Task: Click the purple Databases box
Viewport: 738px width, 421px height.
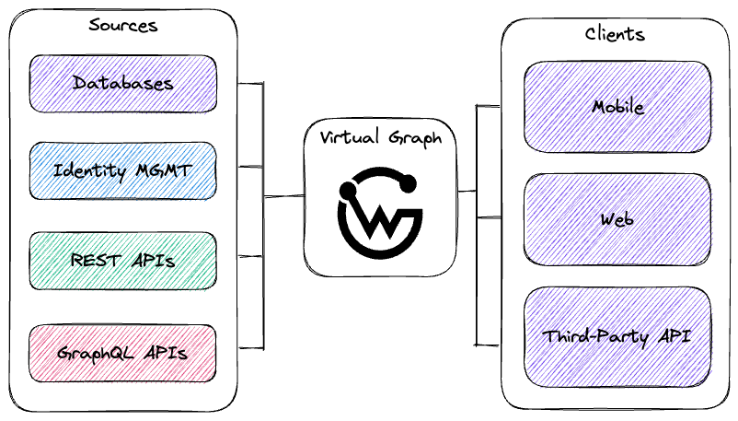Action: (x=122, y=84)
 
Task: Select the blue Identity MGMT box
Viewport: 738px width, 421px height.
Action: (x=122, y=170)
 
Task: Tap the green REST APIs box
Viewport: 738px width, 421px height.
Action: (x=122, y=261)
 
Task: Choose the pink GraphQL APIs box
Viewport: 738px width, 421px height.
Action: (x=122, y=353)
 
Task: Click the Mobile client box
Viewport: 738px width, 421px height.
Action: (x=617, y=107)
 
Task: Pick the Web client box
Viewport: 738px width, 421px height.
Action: (x=617, y=219)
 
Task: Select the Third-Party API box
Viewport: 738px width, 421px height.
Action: (x=617, y=337)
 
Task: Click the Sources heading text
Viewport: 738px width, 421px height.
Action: (x=122, y=25)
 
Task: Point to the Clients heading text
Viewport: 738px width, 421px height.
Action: (x=615, y=34)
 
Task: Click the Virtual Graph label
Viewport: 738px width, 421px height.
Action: (x=381, y=137)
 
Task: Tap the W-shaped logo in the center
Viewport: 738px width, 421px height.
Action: (x=380, y=213)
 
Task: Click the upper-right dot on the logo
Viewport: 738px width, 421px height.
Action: (x=408, y=183)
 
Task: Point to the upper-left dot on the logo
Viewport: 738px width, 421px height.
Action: (x=348, y=191)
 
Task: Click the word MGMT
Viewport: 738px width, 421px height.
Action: (x=164, y=170)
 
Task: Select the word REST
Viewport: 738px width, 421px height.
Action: (x=96, y=260)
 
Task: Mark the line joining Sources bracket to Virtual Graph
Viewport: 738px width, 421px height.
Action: (x=283, y=196)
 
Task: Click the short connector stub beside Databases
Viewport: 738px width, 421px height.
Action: (x=250, y=84)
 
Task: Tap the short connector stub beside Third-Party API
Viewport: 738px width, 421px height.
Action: (x=488, y=345)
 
